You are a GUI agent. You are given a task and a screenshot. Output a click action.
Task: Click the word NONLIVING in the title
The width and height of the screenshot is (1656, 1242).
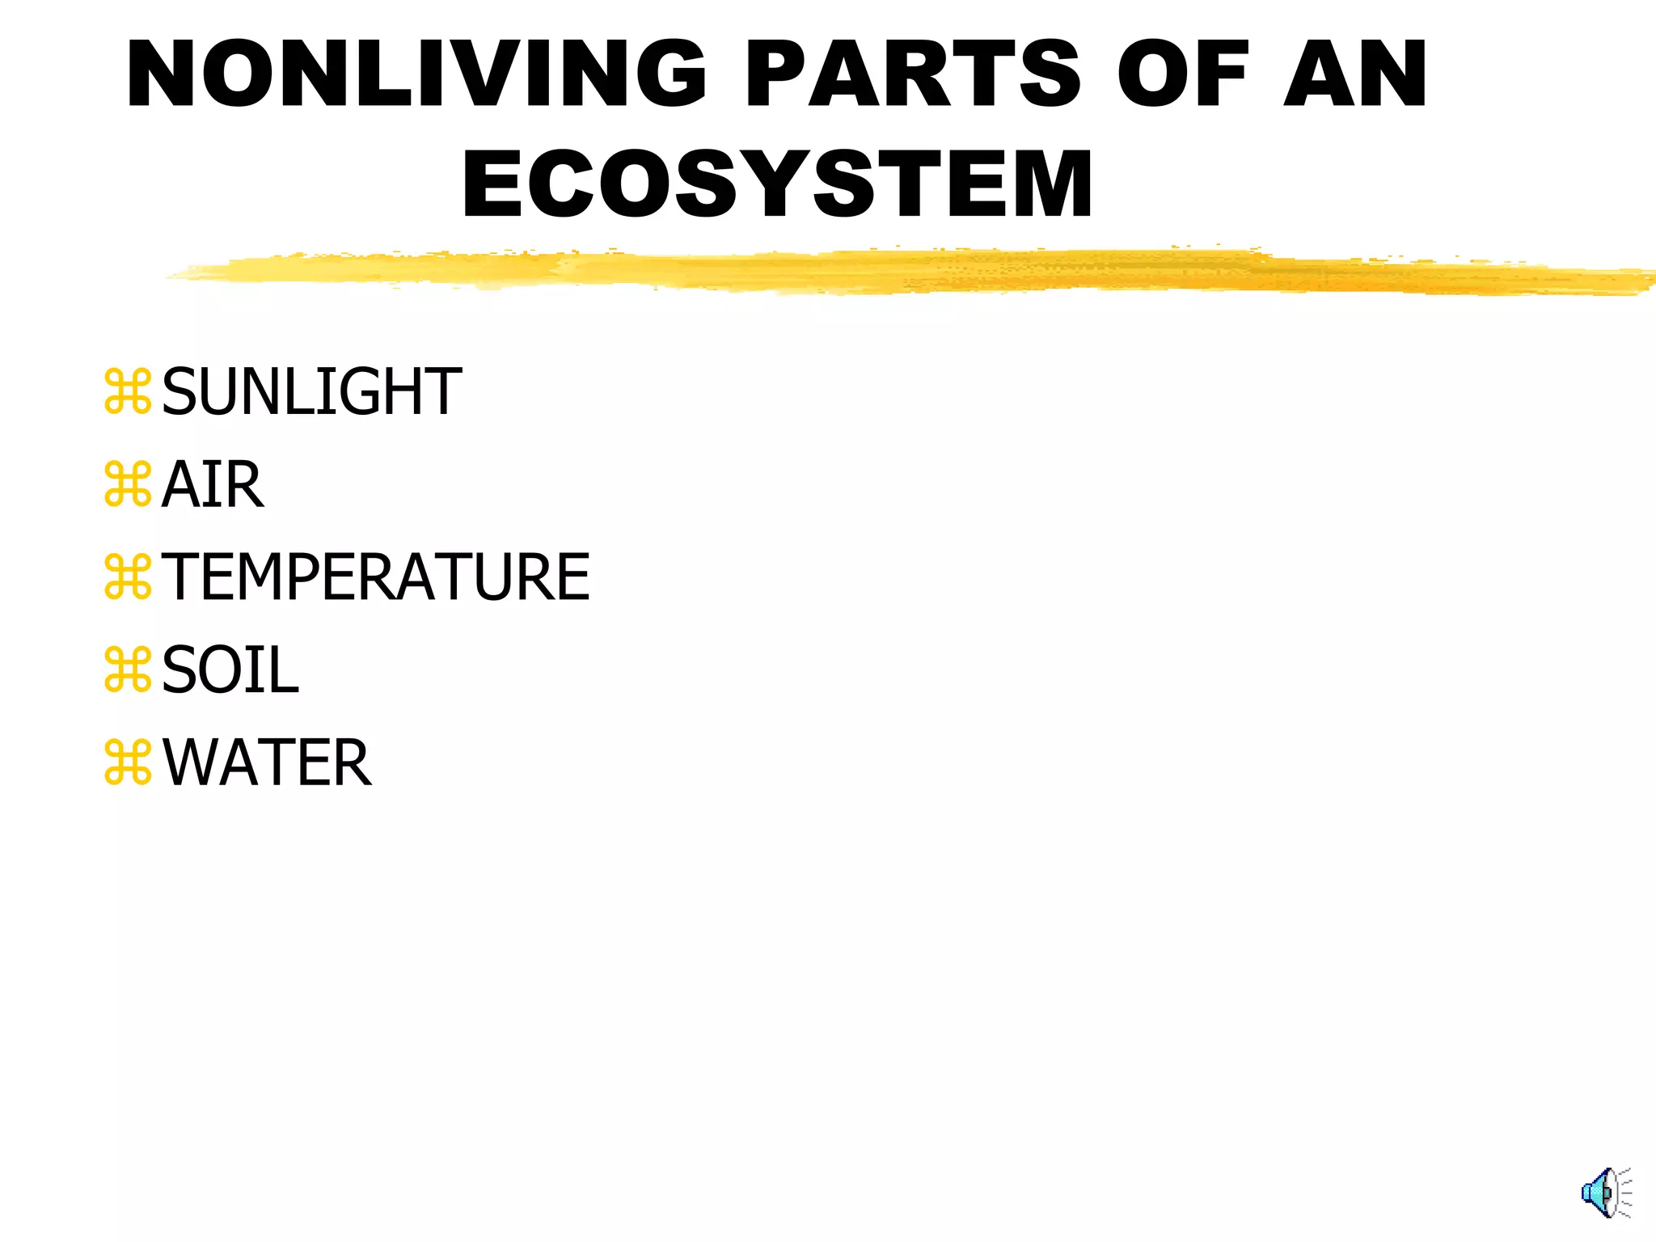[x=416, y=74]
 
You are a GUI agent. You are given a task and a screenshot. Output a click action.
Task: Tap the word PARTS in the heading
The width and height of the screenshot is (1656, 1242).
[x=912, y=74]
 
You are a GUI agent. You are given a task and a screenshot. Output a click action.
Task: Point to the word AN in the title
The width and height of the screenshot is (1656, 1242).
[x=1355, y=74]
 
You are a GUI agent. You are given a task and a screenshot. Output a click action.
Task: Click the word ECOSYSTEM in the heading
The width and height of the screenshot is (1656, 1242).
[x=777, y=184]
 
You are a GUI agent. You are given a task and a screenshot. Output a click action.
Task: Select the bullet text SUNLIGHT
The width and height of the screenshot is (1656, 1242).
[x=311, y=392]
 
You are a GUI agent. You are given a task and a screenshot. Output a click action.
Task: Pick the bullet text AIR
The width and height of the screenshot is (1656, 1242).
[x=213, y=485]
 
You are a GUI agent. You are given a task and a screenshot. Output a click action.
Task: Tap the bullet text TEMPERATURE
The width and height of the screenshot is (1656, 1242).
[x=376, y=577]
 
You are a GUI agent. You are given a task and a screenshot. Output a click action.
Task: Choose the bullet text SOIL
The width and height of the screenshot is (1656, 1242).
[x=230, y=670]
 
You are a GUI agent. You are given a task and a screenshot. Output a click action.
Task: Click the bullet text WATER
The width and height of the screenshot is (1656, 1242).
[x=267, y=763]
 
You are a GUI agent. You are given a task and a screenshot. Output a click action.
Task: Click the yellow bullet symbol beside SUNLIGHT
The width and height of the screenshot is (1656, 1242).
[x=128, y=392]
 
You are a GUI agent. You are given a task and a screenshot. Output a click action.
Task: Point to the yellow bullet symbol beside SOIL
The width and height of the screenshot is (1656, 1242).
[x=128, y=670]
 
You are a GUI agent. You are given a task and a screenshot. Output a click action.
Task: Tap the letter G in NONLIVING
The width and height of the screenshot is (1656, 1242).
[x=670, y=74]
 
